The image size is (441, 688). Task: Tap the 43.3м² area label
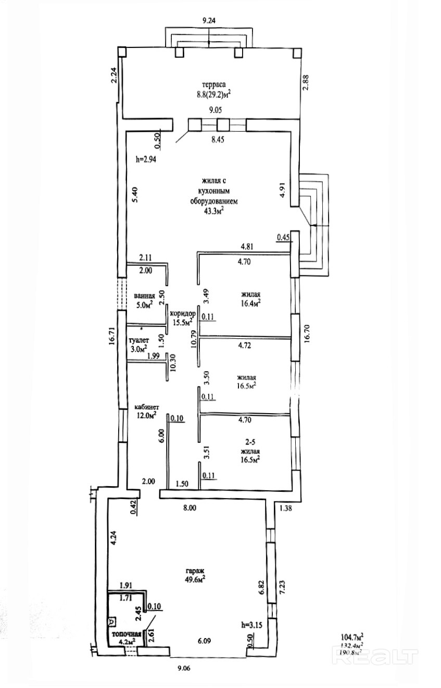213,210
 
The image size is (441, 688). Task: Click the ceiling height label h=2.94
146,160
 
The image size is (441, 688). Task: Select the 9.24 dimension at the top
208,21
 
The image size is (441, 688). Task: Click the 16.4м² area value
250,302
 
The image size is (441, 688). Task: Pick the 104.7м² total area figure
352,636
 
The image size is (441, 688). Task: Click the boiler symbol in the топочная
112,621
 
